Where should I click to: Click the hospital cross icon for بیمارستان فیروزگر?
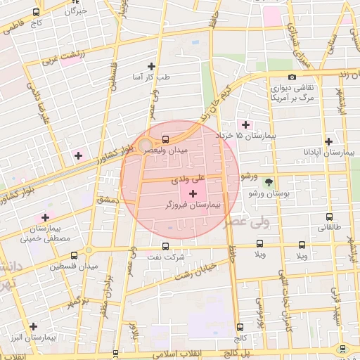pos(193,193)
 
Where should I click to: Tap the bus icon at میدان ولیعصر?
pos(165,139)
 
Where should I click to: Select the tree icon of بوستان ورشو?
pos(268,181)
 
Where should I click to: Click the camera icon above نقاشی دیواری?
pos(292,77)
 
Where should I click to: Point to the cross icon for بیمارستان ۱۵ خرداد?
pos(245,124)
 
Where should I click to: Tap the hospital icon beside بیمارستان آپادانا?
pos(329,141)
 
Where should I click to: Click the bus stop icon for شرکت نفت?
pos(165,246)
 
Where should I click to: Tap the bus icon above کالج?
pos(240,327)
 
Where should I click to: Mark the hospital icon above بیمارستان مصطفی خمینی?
pos(46,217)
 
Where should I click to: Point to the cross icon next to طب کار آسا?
pos(151,66)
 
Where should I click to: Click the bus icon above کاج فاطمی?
pos(37,13)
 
